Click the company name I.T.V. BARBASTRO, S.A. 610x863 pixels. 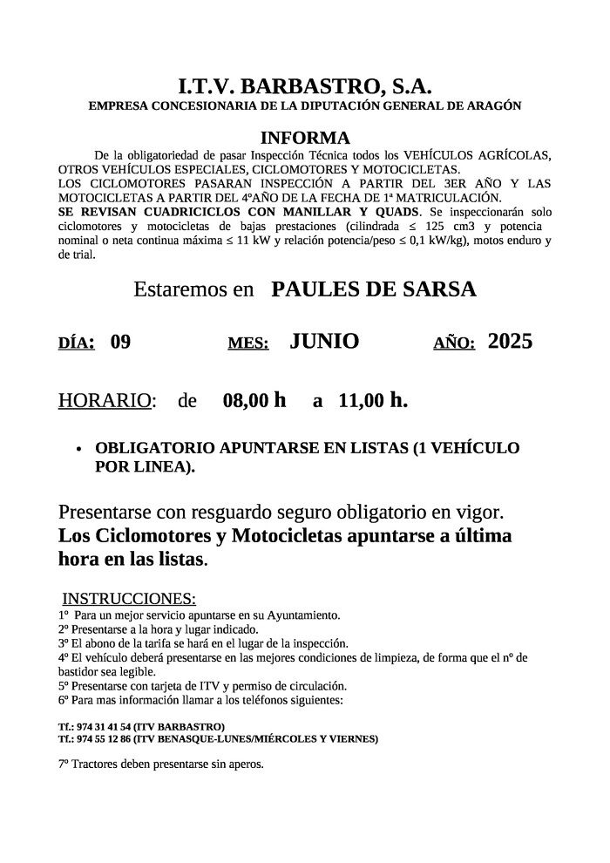click(x=305, y=86)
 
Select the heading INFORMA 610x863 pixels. click(x=305, y=138)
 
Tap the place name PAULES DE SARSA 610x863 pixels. click(x=374, y=290)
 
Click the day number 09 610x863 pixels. click(x=120, y=342)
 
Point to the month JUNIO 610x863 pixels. click(x=324, y=342)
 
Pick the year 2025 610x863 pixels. click(x=510, y=342)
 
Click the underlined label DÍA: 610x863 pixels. click(x=77, y=343)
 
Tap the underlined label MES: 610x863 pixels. click(x=248, y=343)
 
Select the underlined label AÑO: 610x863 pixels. click(x=454, y=343)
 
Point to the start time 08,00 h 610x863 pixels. click(x=254, y=401)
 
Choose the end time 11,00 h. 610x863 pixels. click(x=372, y=401)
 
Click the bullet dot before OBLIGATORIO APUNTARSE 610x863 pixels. click(x=79, y=450)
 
